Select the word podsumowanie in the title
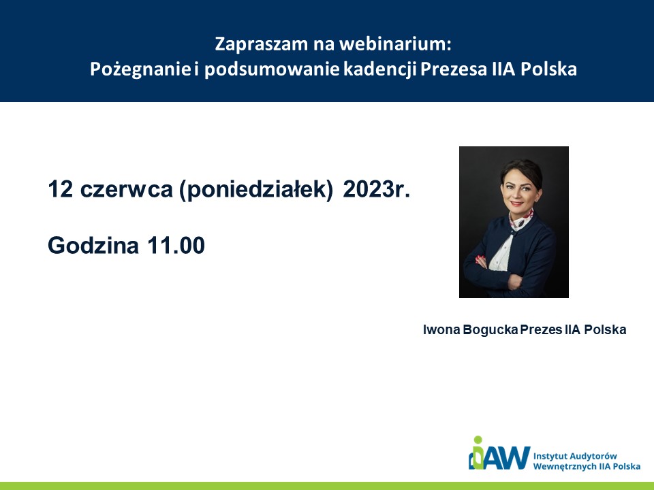pyautogui.click(x=272, y=69)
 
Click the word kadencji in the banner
pyautogui.click(x=380, y=69)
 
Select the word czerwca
pyautogui.click(x=127, y=190)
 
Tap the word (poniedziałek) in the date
pyautogui.click(x=257, y=190)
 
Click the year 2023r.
pyautogui.click(x=377, y=189)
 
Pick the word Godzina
pyautogui.click(x=93, y=245)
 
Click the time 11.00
pyautogui.click(x=176, y=245)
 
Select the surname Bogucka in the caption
pyautogui.click(x=490, y=329)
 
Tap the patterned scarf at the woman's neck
pyautogui.click(x=520, y=219)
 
